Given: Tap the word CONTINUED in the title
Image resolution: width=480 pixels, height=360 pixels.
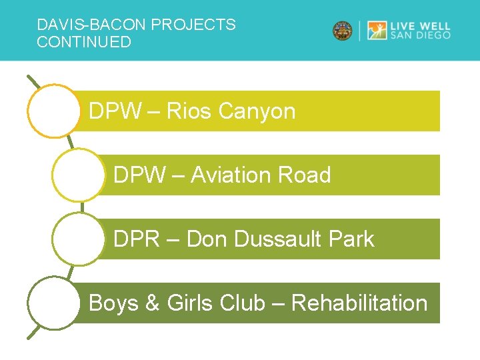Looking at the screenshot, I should [84, 43].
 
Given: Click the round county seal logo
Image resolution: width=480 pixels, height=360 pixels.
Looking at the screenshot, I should [343, 31].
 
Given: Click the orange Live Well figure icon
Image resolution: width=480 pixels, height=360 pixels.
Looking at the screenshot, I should [377, 31].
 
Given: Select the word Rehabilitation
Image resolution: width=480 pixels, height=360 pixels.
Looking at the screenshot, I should [359, 303].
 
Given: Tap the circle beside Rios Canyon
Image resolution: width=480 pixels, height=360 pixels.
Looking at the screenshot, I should [53, 111].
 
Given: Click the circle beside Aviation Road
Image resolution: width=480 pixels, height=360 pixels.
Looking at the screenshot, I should [78, 175].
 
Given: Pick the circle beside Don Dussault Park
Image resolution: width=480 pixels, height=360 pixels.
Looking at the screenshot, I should [78, 239].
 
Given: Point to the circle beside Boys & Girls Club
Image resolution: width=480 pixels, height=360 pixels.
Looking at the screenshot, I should [53, 303].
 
